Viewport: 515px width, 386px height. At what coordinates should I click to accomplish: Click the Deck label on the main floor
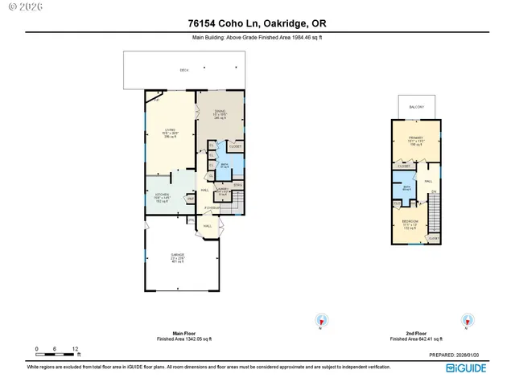[183, 72]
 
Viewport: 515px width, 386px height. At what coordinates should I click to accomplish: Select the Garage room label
[177, 257]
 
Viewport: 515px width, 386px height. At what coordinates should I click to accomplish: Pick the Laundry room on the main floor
[223, 192]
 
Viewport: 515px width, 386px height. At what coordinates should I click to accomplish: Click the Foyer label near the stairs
[212, 207]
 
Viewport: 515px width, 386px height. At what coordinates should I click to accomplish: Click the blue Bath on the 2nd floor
[407, 187]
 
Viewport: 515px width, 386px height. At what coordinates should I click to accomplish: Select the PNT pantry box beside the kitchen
[191, 198]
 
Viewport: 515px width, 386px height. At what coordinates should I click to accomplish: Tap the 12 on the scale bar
[75, 348]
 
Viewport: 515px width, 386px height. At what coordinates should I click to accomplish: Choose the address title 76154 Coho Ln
[257, 24]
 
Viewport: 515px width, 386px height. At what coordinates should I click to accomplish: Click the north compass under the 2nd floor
[465, 321]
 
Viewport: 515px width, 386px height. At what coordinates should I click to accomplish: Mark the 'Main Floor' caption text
[183, 332]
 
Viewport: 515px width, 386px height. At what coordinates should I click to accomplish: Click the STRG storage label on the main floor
[237, 184]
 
